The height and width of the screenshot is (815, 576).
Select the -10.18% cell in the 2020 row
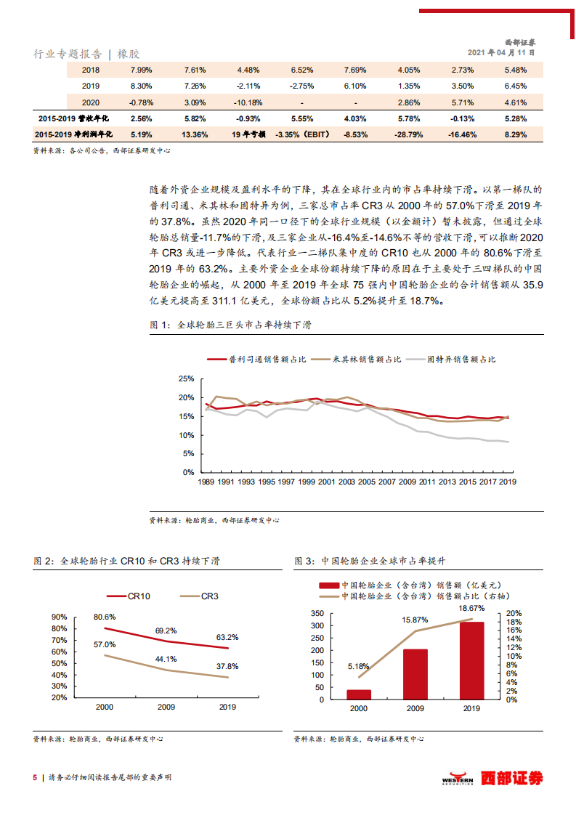point(249,102)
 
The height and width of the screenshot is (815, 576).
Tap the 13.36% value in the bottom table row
point(195,134)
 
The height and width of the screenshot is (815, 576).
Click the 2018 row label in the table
point(91,70)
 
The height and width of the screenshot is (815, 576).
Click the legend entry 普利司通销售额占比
point(258,359)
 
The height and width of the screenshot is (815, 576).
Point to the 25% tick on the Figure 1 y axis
point(186,379)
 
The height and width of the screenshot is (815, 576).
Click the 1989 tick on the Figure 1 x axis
point(205,482)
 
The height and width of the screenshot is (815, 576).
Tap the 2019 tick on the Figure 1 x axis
point(507,482)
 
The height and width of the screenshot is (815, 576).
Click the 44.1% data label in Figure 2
point(166,659)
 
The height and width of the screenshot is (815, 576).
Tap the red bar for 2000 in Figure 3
point(359,695)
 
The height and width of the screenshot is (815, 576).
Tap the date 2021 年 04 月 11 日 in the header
point(502,52)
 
